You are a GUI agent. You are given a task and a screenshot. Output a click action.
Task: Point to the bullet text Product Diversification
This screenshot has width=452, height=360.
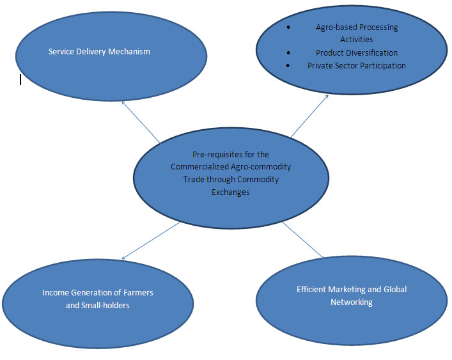[356, 52]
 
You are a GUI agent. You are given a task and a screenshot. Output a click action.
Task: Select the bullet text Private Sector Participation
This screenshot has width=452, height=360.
[356, 65]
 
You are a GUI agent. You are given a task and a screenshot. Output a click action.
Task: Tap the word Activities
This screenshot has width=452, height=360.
[356, 40]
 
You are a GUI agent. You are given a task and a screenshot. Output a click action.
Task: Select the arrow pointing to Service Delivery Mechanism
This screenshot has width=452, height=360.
[140, 121]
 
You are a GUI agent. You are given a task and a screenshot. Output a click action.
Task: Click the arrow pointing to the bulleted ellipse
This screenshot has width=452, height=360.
[309, 116]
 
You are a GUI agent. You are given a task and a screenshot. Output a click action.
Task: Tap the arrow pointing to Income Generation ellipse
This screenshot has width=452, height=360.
[151, 240]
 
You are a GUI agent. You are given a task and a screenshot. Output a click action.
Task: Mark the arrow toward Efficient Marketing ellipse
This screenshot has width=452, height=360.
[304, 241]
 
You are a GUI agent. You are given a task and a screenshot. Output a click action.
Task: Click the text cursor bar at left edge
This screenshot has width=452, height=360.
[20, 79]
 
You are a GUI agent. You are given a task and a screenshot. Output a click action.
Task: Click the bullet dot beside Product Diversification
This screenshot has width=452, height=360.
[290, 52]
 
